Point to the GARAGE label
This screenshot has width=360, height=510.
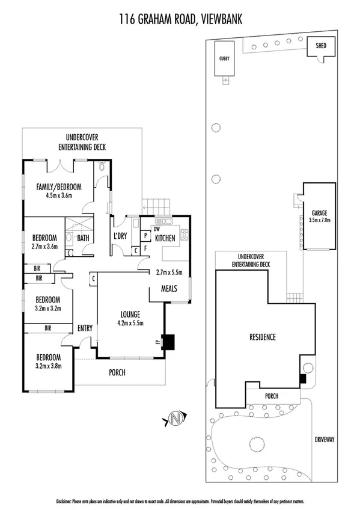point(319,213)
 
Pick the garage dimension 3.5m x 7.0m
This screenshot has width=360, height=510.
point(319,221)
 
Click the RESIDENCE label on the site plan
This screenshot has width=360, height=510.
point(262,337)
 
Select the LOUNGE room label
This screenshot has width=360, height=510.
point(130,314)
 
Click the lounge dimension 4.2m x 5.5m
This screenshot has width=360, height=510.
point(130,323)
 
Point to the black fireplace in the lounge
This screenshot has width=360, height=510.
point(169,342)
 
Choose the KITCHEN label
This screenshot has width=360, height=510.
point(165,238)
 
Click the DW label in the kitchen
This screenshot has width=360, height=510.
point(157,229)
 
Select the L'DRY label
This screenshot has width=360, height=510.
point(120,236)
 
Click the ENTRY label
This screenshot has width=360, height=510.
point(85,328)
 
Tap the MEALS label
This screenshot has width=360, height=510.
point(169,289)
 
